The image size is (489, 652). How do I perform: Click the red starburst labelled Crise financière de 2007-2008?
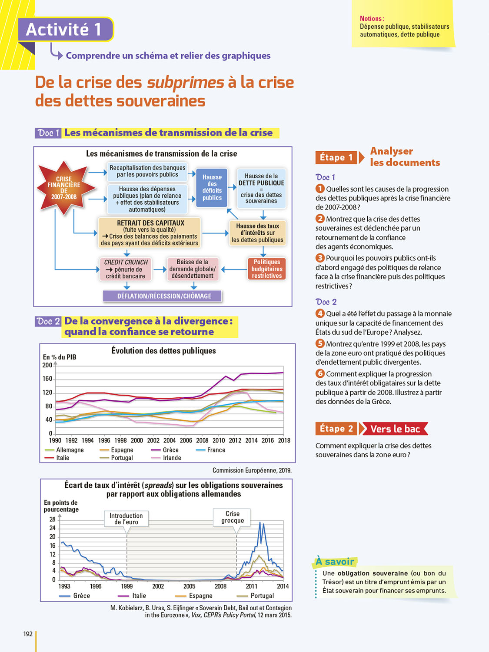click(x=64, y=188)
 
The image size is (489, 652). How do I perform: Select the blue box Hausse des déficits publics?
click(x=212, y=187)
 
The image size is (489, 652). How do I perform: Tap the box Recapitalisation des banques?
click(x=147, y=171)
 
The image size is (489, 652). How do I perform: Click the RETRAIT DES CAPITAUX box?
click(x=150, y=233)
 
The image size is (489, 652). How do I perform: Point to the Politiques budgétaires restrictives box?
click(x=267, y=269)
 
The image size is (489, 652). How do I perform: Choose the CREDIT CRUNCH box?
click(x=126, y=269)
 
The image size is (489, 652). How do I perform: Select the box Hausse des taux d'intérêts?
click(x=257, y=233)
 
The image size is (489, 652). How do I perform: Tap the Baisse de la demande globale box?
click(x=193, y=269)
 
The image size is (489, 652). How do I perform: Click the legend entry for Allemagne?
click(x=70, y=450)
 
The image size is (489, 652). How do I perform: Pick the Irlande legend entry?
click(x=172, y=458)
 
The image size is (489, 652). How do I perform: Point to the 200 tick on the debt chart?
click(x=47, y=365)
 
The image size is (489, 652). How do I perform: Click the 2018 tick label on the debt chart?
click(x=284, y=440)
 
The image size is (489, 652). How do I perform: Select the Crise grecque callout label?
click(x=233, y=517)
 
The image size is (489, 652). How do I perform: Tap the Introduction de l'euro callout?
click(x=126, y=519)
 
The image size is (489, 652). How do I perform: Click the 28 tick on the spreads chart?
click(x=53, y=519)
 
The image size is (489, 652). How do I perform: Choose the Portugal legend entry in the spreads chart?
click(x=262, y=595)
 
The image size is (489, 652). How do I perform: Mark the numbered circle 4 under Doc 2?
click(x=320, y=313)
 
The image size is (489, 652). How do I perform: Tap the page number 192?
click(x=28, y=634)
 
